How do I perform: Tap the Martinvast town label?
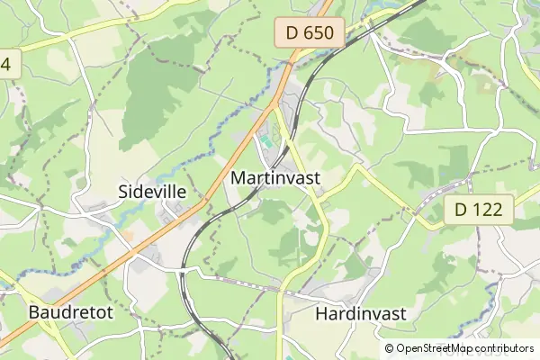tap(275, 178)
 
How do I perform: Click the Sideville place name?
tap(152, 191)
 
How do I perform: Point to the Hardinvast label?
tap(361, 313)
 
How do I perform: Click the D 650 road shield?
tap(310, 34)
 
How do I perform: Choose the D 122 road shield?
tap(479, 211)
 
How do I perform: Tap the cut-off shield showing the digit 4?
tap(9, 65)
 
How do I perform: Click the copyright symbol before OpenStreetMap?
tap(390, 348)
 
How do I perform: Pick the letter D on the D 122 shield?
tap(461, 211)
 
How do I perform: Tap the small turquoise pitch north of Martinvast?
tap(267, 139)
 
